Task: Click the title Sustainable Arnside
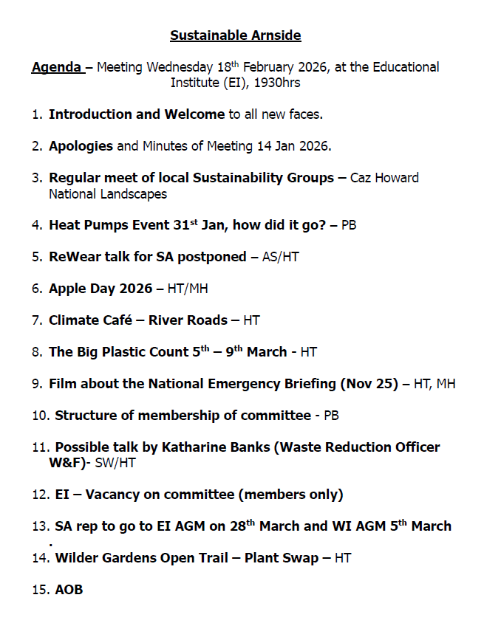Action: coord(235,35)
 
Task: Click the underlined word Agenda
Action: coord(57,68)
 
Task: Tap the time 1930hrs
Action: coord(276,83)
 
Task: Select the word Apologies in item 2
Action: coord(81,146)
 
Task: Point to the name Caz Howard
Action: coord(384,178)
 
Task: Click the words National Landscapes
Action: coord(108,194)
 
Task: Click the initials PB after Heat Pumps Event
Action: coord(348,225)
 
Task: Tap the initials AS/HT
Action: coord(281,257)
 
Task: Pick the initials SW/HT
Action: coord(115,464)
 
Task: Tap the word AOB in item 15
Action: coord(69,590)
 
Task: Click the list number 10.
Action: coord(40,416)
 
